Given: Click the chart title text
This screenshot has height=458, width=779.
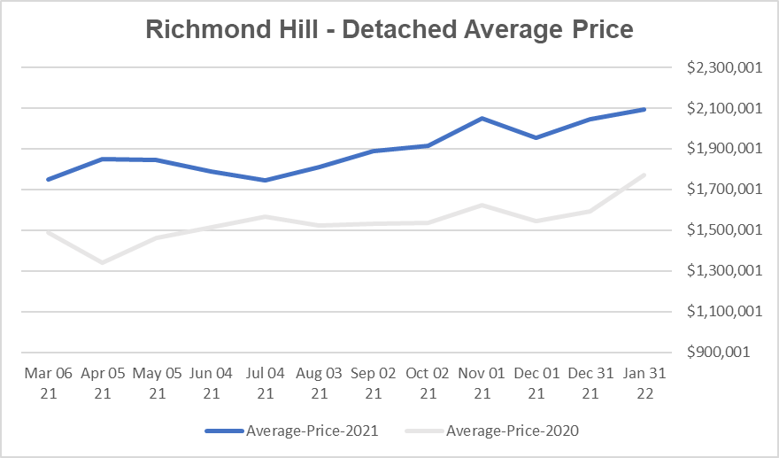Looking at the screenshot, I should pyautogui.click(x=389, y=29).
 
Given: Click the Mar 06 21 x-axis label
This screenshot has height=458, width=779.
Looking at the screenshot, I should pyautogui.click(x=48, y=383).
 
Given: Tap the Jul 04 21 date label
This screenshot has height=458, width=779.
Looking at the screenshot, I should pyautogui.click(x=265, y=383).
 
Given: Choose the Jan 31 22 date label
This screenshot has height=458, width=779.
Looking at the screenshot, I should pyautogui.click(x=644, y=383).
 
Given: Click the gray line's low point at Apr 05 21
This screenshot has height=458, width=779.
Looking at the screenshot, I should pyautogui.click(x=103, y=262).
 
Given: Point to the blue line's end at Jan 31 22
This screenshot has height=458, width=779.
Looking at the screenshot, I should pyautogui.click(x=644, y=109).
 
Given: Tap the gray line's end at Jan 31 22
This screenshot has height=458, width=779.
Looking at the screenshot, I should pyautogui.click(x=644, y=175).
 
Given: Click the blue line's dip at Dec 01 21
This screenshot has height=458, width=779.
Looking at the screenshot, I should pyautogui.click(x=536, y=137).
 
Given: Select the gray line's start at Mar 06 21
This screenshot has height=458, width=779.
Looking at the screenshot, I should pyautogui.click(x=48, y=232).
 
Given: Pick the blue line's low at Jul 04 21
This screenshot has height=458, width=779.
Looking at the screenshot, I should pyautogui.click(x=265, y=180).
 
